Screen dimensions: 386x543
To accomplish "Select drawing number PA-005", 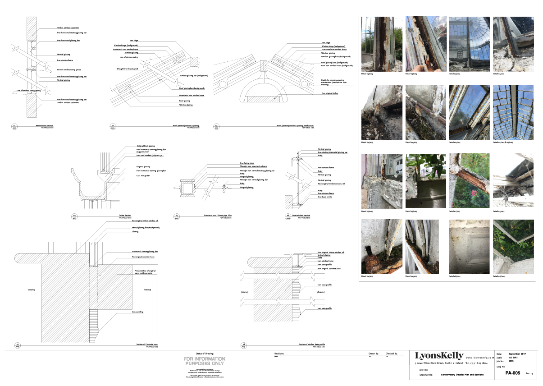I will [x=512, y=373].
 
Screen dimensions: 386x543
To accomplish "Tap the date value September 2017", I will [x=517, y=354].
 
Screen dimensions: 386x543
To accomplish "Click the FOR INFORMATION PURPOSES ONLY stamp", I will [x=204, y=361].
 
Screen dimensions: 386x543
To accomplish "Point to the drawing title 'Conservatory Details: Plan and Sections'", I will [x=456, y=374].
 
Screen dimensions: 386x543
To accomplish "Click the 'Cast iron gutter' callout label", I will [x=144, y=175].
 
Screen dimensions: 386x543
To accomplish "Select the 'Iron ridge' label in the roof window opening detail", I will [x=134, y=41].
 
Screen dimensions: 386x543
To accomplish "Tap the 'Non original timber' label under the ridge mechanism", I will [x=329, y=92].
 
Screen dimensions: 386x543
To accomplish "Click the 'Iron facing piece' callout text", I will [x=247, y=163].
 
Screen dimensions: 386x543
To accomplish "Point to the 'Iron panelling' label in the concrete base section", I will [x=137, y=312].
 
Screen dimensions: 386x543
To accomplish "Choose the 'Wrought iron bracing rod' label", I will [x=127, y=69].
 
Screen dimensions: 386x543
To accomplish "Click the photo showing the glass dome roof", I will [x=469, y=44].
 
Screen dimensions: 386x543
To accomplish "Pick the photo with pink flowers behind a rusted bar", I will [x=469, y=181].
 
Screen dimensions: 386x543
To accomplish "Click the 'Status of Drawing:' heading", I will [x=205, y=354].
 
